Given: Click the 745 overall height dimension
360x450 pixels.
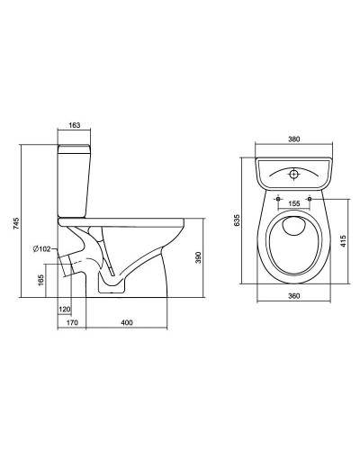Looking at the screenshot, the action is pyautogui.click(x=16, y=224).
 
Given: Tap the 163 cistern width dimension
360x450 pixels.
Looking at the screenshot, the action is pyautogui.click(x=74, y=125).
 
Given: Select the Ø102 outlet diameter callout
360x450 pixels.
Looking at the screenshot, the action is pyautogui.click(x=42, y=249).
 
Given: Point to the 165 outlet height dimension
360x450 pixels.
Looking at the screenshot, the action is pyautogui.click(x=41, y=280).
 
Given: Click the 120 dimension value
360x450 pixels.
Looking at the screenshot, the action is pyautogui.click(x=65, y=310).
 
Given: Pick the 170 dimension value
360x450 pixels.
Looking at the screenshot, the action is pyautogui.click(x=72, y=323).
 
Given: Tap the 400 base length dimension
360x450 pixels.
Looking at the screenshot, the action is pyautogui.click(x=127, y=323).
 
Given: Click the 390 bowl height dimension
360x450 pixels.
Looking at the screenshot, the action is pyautogui.click(x=198, y=257).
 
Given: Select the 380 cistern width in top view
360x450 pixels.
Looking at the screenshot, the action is pyautogui.click(x=294, y=139).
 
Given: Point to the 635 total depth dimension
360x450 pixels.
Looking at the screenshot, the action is pyautogui.click(x=237, y=220).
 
